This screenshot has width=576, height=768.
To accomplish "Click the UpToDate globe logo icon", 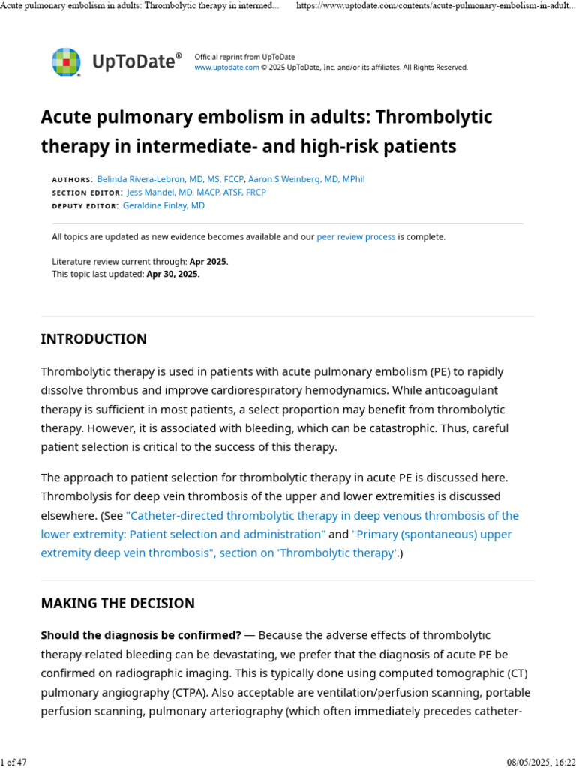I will coord(66,61).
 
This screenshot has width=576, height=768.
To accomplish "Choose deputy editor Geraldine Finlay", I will coord(163,205).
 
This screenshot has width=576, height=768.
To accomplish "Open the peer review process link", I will coord(355,237).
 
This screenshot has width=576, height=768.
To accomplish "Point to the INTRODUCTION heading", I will coord(94,339).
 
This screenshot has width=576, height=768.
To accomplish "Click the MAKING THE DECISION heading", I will coord(118,603).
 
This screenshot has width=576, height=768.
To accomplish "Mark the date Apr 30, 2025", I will coord(172,274).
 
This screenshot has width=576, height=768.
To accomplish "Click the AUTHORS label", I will coord(72,180).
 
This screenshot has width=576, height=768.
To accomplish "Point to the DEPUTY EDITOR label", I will coord(85,206).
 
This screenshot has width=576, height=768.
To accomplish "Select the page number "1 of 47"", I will coord(13,762).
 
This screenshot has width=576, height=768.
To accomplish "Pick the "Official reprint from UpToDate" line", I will coord(244,57).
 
